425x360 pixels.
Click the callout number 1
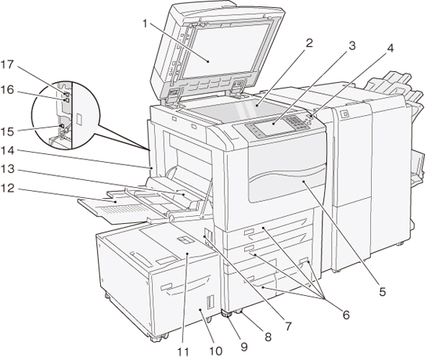[145, 23]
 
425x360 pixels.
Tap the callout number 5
[382, 292]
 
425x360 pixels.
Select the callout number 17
[7, 64]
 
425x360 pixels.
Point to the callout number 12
[7, 188]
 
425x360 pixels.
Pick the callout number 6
[346, 315]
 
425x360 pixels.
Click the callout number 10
[215, 351]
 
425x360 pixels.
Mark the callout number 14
[7, 151]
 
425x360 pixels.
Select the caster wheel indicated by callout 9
[227, 315]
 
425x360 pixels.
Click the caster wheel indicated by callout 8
[238, 311]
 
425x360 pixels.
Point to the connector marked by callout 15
[62, 126]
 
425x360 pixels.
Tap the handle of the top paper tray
[249, 232]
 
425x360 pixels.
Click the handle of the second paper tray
[249, 248]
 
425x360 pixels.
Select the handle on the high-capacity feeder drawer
[166, 286]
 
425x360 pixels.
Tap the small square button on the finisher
[344, 113]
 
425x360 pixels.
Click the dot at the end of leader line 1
[208, 62]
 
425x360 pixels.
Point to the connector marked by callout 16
[66, 100]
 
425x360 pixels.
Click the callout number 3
[351, 46]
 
